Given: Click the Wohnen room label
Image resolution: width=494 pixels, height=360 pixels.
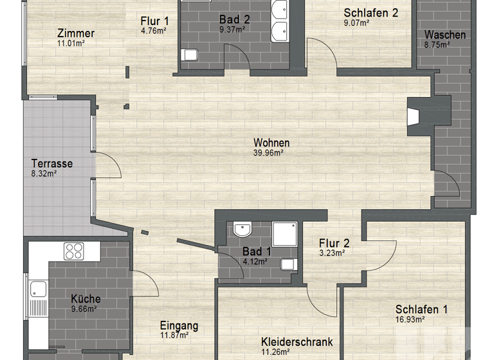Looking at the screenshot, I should pos(271,143).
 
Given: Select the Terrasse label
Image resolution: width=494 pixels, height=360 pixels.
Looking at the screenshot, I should pos(52,163).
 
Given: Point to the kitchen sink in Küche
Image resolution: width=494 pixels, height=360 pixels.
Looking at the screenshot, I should pos(37,292).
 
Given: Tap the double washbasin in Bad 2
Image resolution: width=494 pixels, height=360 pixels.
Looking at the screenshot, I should pos(280,20).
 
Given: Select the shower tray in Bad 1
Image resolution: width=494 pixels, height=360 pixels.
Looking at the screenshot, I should pos(285,234).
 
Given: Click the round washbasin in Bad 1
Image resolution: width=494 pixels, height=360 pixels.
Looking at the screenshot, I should pos(242,230).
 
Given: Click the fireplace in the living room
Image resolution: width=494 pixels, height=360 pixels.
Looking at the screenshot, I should pos(414,116).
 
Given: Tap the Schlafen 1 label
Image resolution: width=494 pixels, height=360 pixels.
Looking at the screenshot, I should pos(421,310).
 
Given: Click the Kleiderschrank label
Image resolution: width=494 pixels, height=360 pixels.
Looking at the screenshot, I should pos(297,342).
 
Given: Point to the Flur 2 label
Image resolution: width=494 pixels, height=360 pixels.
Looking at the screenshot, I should pos(334,243).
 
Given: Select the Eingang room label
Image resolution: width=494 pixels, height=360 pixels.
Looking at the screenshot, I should pos(179,326).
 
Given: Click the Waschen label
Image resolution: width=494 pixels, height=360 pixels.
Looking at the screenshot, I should pos(445,35).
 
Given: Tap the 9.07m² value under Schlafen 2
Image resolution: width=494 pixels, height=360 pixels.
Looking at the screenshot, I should pos(356,22).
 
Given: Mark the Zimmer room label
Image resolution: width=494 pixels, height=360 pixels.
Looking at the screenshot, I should pos(75,33).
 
